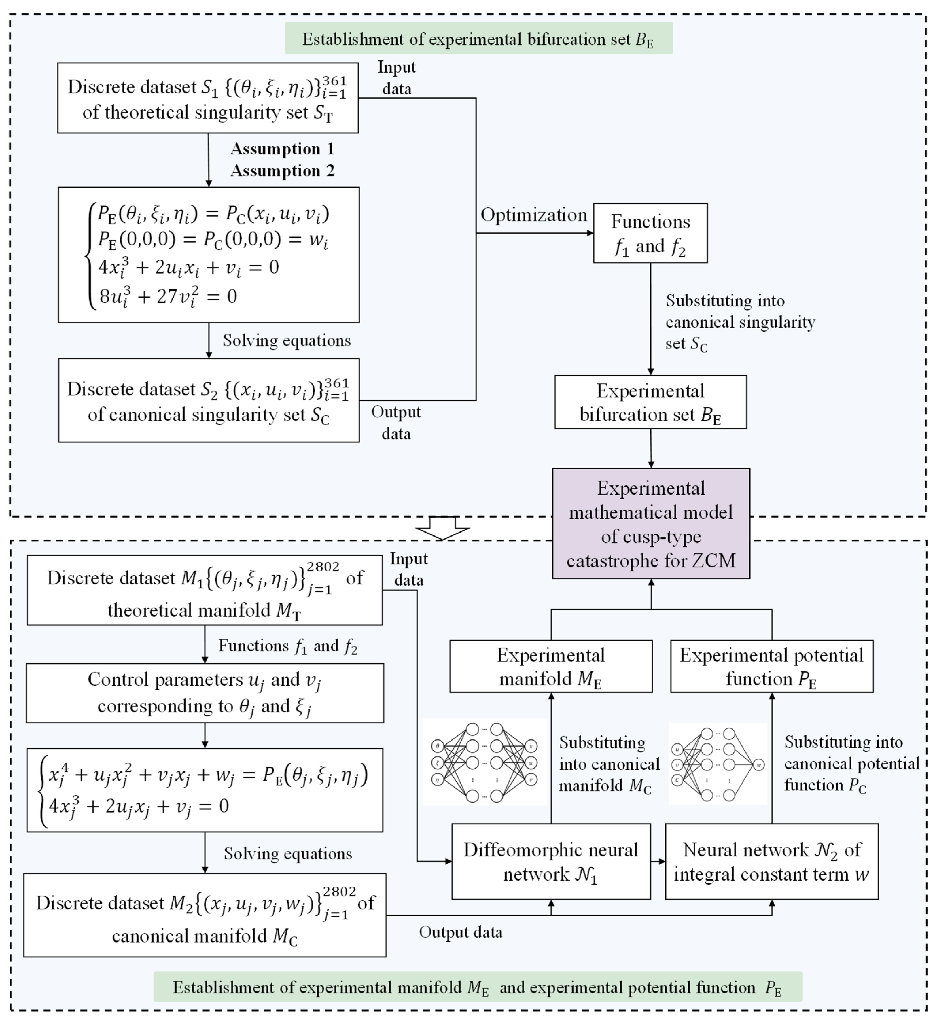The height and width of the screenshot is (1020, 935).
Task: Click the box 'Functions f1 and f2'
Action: pos(650,233)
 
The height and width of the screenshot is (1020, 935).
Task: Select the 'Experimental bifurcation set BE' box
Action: pos(650,402)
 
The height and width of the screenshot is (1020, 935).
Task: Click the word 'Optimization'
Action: pos(533,215)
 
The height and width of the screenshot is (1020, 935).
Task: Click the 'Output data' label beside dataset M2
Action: pos(460,932)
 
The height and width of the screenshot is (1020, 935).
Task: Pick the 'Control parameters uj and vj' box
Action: pos(205,693)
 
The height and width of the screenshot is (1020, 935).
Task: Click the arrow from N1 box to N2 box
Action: pos(658,862)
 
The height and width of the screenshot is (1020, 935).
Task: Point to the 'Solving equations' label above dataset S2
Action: pos(286,340)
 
